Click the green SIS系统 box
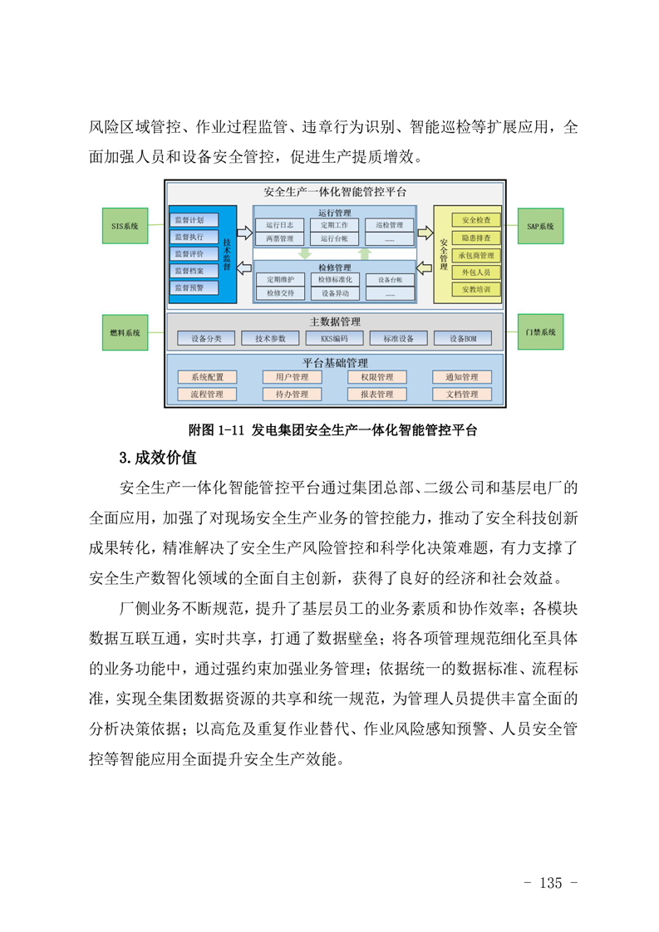coord(125,226)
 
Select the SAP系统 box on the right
coord(540,226)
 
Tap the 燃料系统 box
coord(125,332)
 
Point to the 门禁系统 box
coord(540,331)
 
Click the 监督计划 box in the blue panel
coord(194,220)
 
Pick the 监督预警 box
coord(194,287)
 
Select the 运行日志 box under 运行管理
coord(279,225)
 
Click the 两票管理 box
coord(279,239)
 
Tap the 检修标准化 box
coord(335,279)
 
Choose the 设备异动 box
coord(335,293)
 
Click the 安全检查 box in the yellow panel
coord(476,220)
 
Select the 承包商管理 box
coord(476,255)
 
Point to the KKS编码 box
coord(334,338)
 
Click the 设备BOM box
coord(463,338)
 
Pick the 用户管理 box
coord(292,377)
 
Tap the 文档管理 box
coord(462,394)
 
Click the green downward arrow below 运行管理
coord(305,254)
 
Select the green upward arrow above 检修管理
coord(365,254)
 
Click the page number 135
coord(551,883)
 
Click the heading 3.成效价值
coord(158,458)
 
